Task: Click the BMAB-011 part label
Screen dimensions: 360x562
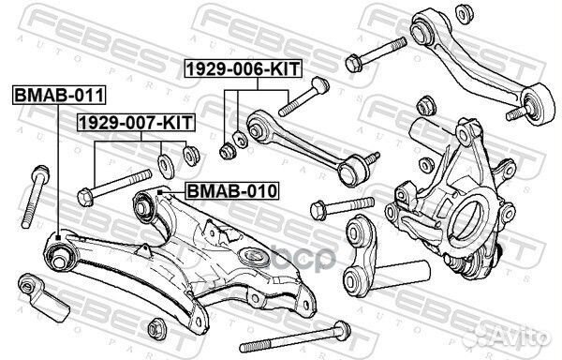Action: click(x=58, y=94)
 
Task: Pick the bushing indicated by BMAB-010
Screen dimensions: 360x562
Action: click(x=147, y=202)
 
